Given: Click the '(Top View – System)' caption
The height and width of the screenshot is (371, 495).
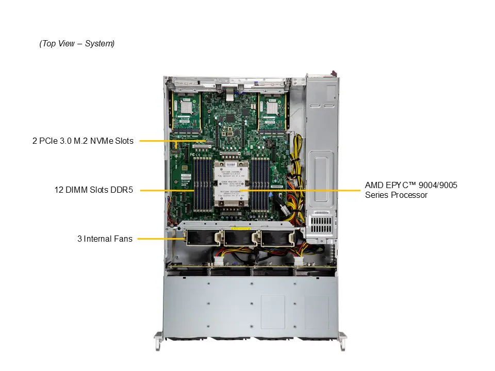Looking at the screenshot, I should coord(77,44).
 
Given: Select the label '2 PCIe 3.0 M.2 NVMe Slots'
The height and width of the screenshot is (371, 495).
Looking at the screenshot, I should coord(82,141).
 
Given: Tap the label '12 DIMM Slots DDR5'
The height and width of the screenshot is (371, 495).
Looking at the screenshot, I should coord(94,190).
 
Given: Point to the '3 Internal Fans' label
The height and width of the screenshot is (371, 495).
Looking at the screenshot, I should coord(105,239).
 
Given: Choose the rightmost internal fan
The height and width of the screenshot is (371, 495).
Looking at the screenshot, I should coord(276,238).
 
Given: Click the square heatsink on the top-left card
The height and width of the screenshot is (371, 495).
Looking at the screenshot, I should coord(186,107).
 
